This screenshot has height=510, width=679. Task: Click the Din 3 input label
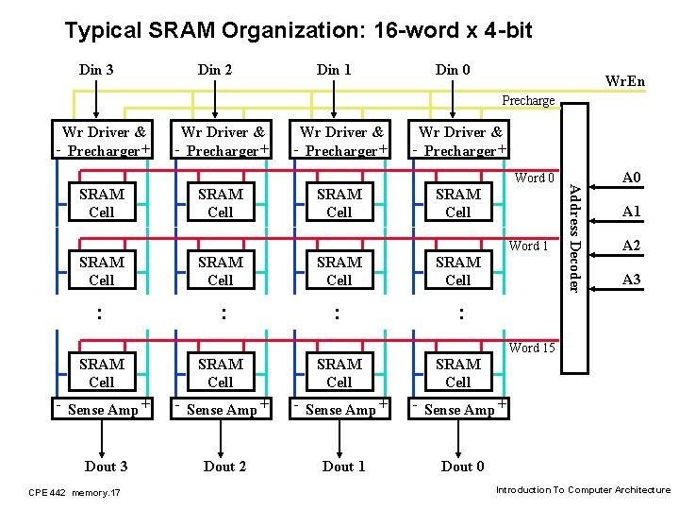tap(97, 69)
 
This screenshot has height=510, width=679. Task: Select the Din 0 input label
tap(454, 69)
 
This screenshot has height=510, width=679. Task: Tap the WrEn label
tap(624, 81)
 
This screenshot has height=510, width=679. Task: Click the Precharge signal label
tap(528, 101)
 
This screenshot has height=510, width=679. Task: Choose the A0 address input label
tap(631, 178)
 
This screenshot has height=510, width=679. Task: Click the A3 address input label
tap(631, 280)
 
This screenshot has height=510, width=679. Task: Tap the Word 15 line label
tap(532, 348)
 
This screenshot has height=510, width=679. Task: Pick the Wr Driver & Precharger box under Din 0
tap(460, 142)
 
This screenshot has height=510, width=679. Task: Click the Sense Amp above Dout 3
tap(103, 409)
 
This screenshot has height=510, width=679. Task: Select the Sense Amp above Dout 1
tap(340, 409)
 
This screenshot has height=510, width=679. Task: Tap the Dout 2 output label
tap(224, 466)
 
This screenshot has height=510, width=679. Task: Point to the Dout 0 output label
tap(462, 466)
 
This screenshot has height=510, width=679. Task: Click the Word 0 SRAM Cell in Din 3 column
tap(102, 203)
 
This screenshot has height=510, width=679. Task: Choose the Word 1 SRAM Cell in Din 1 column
tap(339, 271)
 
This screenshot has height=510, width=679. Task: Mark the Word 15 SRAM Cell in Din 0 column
tap(458, 373)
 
